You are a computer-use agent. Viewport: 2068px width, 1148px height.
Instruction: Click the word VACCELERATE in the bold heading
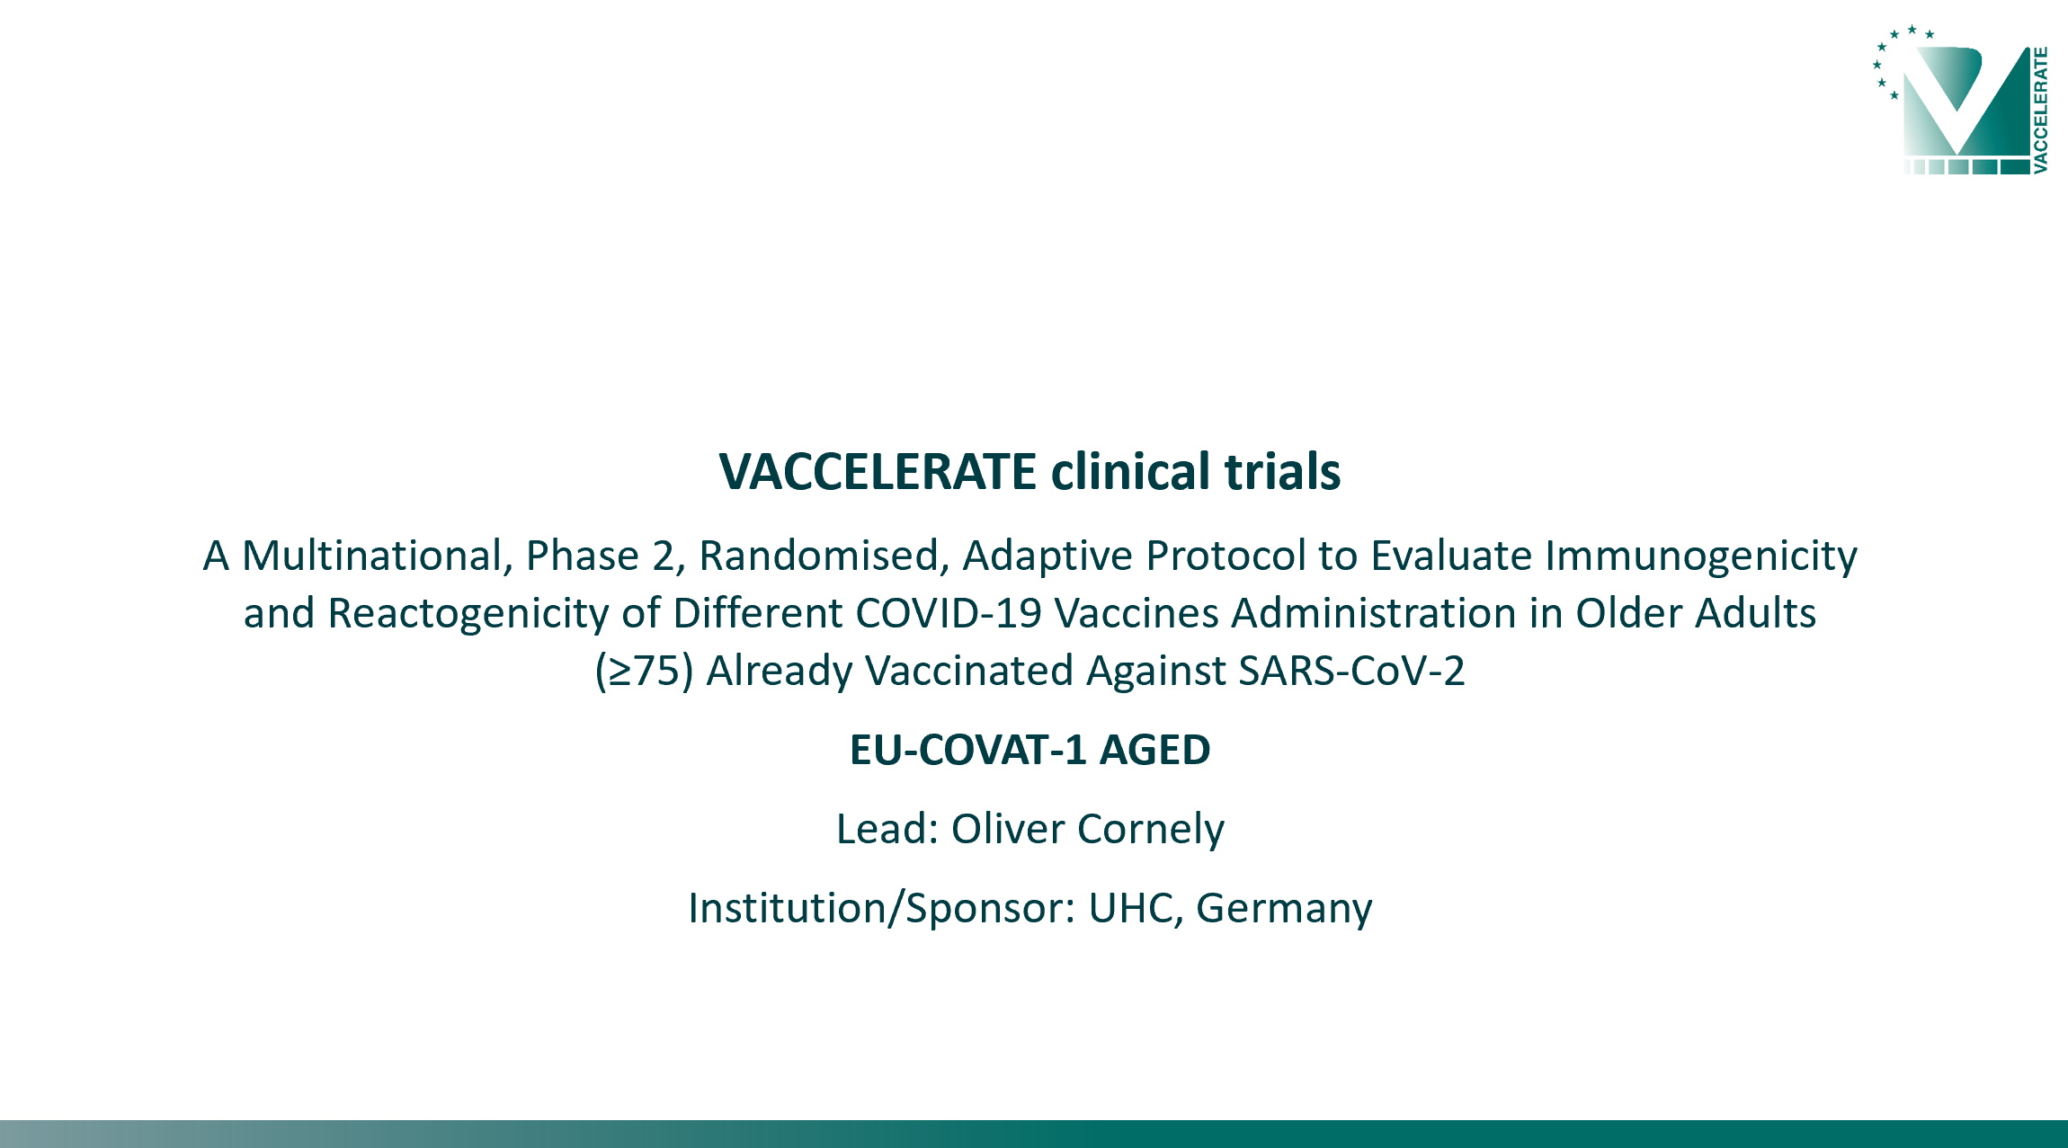pyautogui.click(x=878, y=471)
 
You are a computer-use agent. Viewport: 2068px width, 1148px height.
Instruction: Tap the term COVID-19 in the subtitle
pyautogui.click(x=949, y=613)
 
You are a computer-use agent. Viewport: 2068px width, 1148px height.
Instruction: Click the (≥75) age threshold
pyautogui.click(x=644, y=672)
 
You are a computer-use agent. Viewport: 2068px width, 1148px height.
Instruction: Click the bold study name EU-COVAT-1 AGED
pyautogui.click(x=1030, y=750)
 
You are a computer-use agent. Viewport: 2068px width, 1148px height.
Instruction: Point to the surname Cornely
pyautogui.click(x=1151, y=830)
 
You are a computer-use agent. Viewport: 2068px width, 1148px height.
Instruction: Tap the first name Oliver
pyautogui.click(x=1008, y=829)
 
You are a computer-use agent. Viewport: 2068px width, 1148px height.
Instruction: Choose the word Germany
pyautogui.click(x=1284, y=909)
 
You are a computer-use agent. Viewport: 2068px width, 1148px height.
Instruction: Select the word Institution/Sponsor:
pyautogui.click(x=882, y=909)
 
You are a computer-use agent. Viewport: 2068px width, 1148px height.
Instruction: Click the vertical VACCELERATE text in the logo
pyautogui.click(x=2040, y=110)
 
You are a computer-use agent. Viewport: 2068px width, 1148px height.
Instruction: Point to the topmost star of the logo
pyautogui.click(x=1912, y=30)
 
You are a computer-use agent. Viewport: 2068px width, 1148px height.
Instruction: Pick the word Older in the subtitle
pyautogui.click(x=1629, y=613)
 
